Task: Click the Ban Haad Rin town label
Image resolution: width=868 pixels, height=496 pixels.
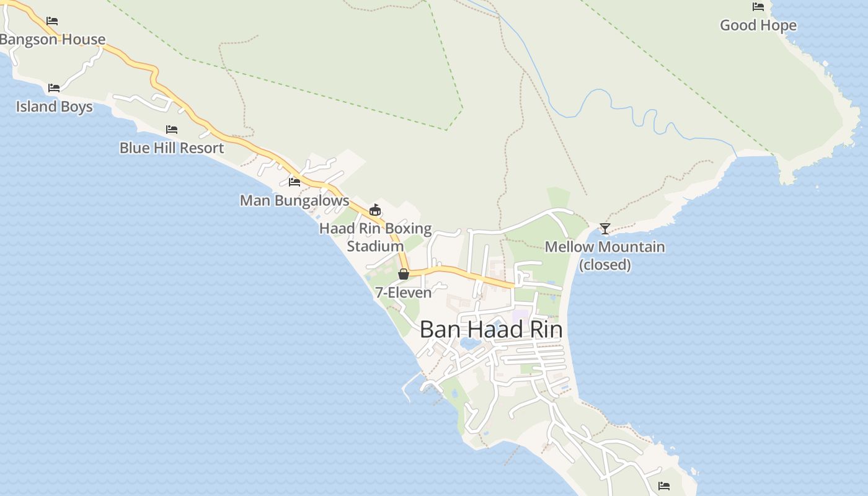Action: click(x=491, y=329)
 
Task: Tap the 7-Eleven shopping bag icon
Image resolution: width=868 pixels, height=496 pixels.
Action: click(x=404, y=273)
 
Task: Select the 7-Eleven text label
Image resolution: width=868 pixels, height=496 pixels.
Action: click(x=403, y=292)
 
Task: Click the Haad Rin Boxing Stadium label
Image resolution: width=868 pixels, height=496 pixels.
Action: click(x=375, y=237)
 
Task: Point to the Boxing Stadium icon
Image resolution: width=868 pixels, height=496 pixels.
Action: click(x=374, y=210)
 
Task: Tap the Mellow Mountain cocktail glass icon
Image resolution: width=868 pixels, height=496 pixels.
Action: click(x=605, y=228)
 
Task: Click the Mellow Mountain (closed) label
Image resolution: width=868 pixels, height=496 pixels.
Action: click(x=604, y=255)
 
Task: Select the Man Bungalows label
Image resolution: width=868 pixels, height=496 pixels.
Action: click(x=294, y=200)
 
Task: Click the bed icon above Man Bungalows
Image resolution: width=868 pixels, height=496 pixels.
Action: click(x=294, y=182)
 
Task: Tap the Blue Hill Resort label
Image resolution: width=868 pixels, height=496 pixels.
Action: click(x=172, y=148)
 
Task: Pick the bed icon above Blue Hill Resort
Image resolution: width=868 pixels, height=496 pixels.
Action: click(x=172, y=129)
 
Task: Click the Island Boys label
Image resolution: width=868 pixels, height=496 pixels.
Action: click(x=55, y=106)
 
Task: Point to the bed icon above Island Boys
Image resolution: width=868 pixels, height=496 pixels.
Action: click(x=54, y=87)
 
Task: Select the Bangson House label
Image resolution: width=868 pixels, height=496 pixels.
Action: click(x=53, y=39)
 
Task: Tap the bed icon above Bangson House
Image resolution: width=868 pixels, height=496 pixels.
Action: click(x=52, y=20)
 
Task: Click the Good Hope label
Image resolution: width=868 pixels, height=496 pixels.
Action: click(x=758, y=25)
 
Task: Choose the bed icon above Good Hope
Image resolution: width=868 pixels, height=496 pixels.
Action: click(x=758, y=7)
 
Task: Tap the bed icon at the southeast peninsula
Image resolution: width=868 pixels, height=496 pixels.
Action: click(x=664, y=485)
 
